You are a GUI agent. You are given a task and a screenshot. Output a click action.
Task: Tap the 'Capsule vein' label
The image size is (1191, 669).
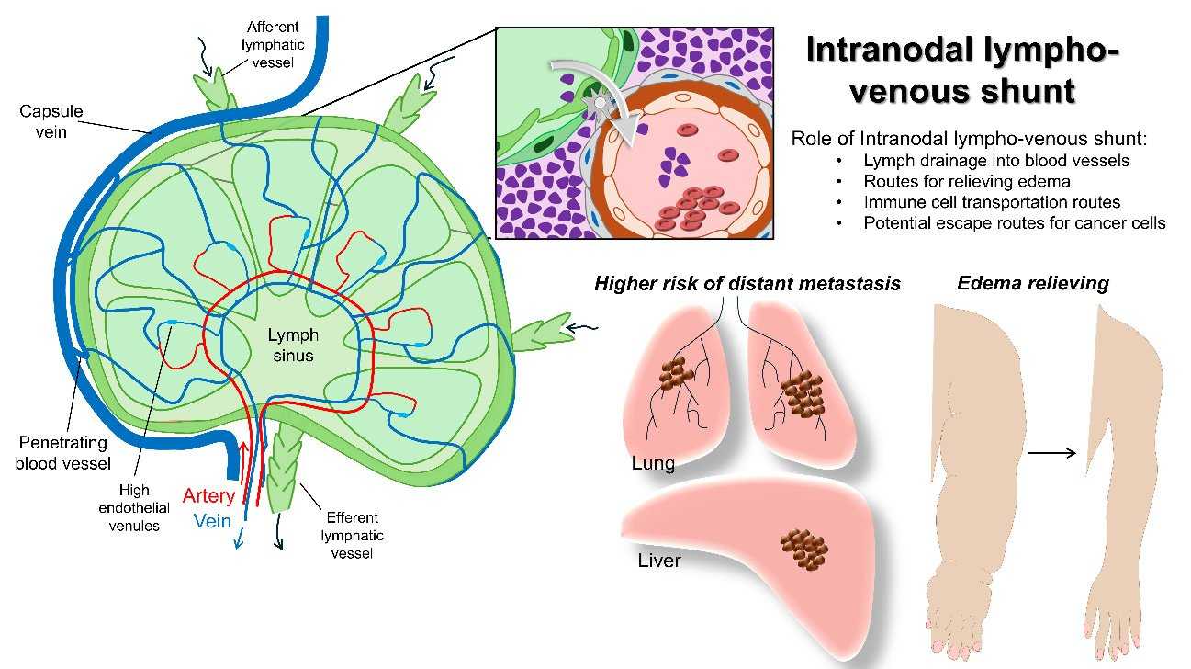coord(52,120)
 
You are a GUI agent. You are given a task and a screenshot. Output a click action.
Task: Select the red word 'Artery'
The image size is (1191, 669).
coord(208,497)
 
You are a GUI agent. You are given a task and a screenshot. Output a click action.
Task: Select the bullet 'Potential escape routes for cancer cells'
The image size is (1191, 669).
coord(1015,222)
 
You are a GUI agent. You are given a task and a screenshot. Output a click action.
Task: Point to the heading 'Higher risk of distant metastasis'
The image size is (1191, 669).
coord(747,283)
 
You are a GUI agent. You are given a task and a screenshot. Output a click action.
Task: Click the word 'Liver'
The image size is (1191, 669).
coord(659,559)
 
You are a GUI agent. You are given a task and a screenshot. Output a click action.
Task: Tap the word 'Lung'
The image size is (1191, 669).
coord(653,463)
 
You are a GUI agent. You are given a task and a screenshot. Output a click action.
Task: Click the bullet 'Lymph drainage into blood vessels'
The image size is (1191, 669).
coord(983,160)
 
